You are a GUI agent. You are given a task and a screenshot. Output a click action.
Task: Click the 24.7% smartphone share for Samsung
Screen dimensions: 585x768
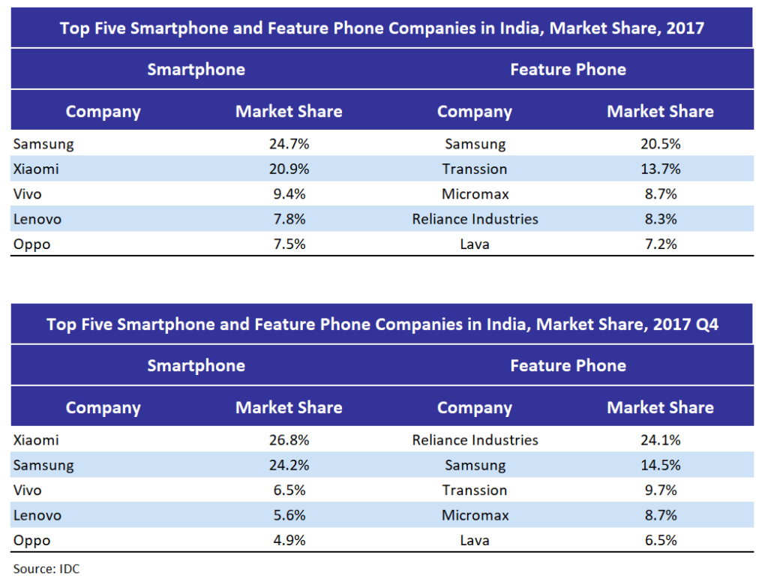[x=289, y=143]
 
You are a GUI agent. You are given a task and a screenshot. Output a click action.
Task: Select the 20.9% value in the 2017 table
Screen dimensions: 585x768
[x=289, y=169]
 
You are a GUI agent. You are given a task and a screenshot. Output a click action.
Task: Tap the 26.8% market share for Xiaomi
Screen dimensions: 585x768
[x=289, y=439]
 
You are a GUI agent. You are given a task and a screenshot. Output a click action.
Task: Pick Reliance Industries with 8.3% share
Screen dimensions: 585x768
[x=475, y=219]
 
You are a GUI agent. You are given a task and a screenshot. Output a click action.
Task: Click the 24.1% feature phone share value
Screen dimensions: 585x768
[x=660, y=439]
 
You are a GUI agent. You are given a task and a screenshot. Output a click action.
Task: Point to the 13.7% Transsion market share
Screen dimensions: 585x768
[x=660, y=169]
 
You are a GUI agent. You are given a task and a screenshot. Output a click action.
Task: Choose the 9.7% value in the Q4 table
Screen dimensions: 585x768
[x=660, y=490]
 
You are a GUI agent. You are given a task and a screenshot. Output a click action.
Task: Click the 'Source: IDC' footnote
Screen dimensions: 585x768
[x=46, y=568]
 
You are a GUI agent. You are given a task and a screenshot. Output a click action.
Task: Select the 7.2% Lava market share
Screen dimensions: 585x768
[x=660, y=244]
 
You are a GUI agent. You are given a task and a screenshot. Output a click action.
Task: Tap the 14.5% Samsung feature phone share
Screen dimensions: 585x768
[x=660, y=465]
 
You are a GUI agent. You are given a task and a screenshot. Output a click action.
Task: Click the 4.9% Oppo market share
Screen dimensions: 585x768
[x=289, y=541]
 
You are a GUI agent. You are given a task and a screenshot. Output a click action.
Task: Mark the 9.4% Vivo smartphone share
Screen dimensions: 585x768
[x=289, y=193]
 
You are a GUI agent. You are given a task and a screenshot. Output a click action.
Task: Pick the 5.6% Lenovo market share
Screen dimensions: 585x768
[x=289, y=515]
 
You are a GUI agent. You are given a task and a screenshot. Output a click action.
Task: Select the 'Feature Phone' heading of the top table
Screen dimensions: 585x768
[x=568, y=70]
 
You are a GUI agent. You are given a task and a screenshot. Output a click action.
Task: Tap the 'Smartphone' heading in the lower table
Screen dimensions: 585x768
[x=196, y=366]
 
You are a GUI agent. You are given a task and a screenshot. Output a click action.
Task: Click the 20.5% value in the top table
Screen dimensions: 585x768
[x=660, y=143]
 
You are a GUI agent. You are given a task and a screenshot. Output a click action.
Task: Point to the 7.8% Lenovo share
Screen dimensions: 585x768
[x=289, y=219]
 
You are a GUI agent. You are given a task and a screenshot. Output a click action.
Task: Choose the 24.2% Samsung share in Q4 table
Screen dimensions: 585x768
[x=289, y=465]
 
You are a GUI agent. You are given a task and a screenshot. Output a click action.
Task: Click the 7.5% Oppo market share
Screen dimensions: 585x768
[x=289, y=244]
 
